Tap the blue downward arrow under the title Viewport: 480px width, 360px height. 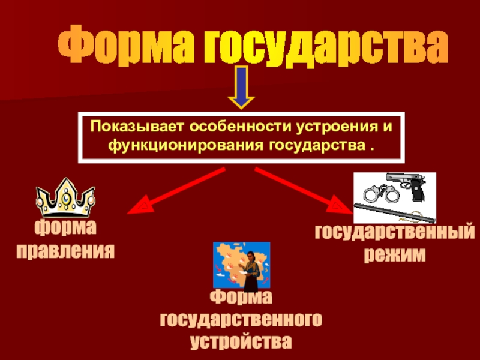pyautogui.click(x=242, y=88)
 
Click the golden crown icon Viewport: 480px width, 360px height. pyautogui.click(x=65, y=197)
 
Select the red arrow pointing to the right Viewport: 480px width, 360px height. pyautogui.click(x=304, y=190)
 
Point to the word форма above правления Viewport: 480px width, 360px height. pyautogui.click(x=65, y=227)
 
